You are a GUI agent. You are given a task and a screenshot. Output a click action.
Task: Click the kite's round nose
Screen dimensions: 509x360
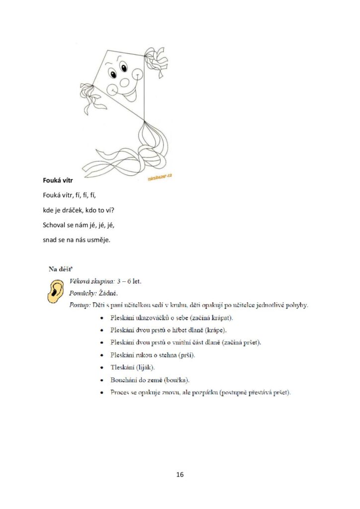click(124, 82)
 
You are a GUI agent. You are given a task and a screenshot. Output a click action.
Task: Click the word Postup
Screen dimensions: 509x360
click(80, 304)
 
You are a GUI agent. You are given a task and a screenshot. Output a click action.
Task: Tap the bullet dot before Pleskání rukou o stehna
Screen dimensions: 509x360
click(102, 355)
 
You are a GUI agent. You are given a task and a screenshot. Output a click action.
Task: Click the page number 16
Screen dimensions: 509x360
click(180, 475)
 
